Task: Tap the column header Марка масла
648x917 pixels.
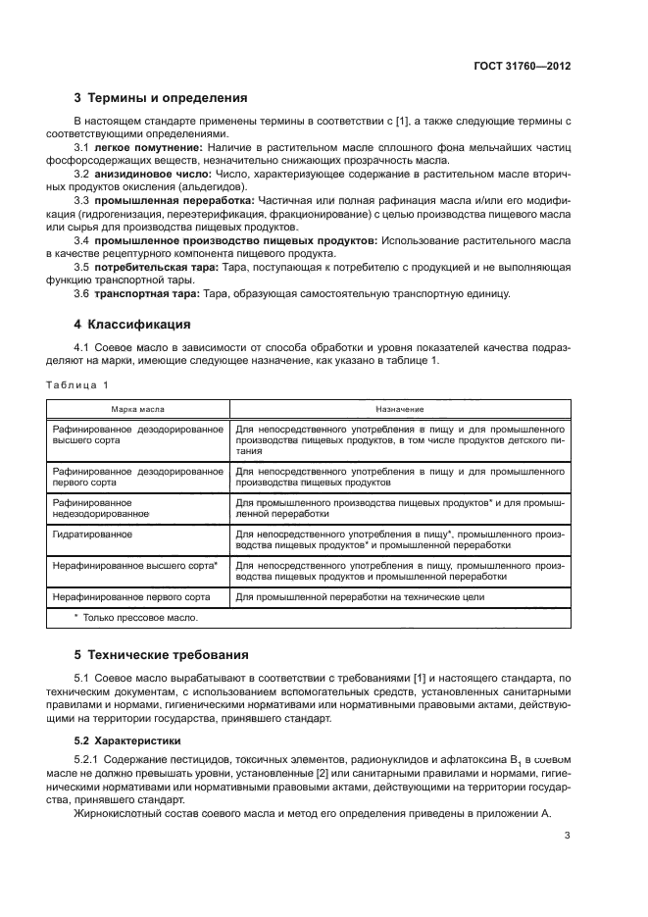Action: pos(138,408)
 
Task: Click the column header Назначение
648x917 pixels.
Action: pos(399,408)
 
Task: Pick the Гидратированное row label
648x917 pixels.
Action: pos(99,535)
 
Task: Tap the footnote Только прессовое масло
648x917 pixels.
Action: pos(135,618)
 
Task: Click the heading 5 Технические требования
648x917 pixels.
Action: pos(162,654)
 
